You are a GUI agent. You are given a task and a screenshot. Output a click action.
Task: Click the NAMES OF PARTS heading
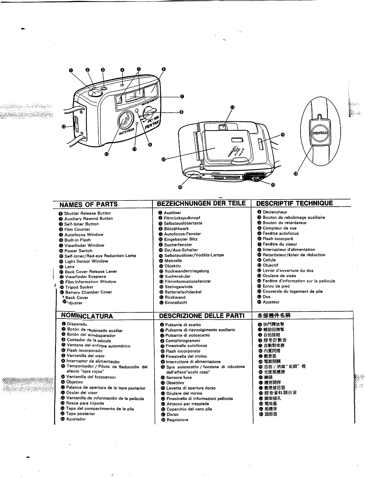click(89, 204)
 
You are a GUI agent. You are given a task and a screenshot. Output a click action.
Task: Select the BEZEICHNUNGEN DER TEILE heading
click(202, 203)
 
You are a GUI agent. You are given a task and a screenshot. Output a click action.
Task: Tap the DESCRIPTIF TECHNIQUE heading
click(294, 203)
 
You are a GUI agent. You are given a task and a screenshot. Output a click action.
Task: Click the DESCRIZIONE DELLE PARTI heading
click(202, 316)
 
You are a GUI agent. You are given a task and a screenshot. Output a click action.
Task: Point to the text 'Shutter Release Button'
click(87, 213)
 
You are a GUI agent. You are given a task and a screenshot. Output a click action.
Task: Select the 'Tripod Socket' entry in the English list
click(79, 287)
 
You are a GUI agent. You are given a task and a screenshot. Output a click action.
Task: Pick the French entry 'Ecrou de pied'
click(276, 286)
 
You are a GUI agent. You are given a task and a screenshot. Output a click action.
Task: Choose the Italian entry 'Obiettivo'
click(175, 383)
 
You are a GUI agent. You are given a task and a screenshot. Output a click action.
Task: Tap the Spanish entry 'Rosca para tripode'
click(85, 403)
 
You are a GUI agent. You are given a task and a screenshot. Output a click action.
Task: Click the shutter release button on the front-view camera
click(95, 93)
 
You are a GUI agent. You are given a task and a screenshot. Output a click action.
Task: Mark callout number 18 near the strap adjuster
click(296, 174)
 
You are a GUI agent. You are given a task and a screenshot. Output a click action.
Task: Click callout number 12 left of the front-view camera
click(63, 127)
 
